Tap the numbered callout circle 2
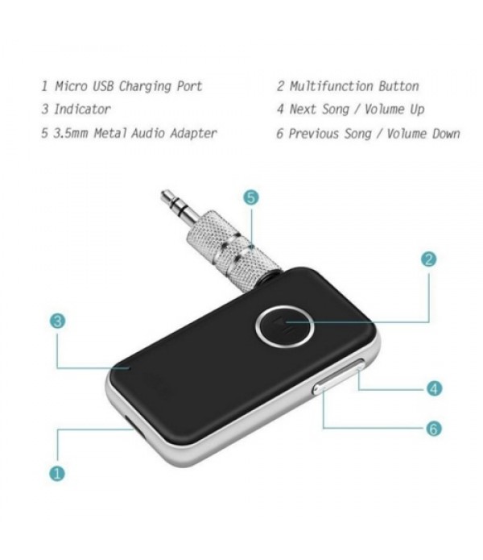429,259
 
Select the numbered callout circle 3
57,321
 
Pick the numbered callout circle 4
433,388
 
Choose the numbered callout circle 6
433,429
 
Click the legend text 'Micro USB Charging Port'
127,86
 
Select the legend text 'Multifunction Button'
354,86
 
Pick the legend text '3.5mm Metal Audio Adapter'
134,133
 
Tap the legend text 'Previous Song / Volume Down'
374,133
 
